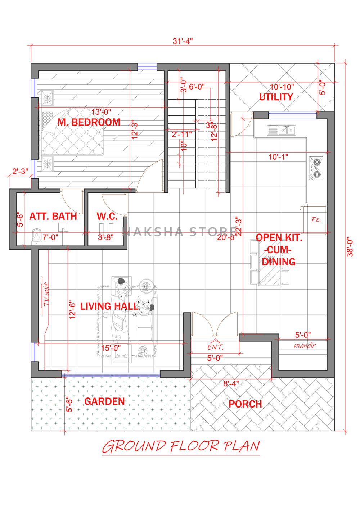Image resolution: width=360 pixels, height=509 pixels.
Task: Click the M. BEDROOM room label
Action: tap(89, 122)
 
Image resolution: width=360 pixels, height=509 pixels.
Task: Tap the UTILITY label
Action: tap(276, 97)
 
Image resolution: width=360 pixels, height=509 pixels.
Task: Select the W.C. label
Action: tap(107, 216)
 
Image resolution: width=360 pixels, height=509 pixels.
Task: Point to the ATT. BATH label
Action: tap(53, 216)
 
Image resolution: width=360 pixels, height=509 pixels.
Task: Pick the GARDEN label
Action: tap(104, 401)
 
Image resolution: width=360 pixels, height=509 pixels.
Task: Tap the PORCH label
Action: tap(246, 404)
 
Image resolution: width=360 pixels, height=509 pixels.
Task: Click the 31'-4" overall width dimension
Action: tap(183, 41)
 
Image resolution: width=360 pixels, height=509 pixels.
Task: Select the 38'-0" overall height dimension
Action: tap(350, 247)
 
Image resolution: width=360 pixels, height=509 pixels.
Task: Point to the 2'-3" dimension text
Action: tap(20, 171)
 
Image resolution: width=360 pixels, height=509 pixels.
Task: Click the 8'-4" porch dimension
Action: tap(231, 383)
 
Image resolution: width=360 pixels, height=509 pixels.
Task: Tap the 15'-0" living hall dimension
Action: tap(111, 348)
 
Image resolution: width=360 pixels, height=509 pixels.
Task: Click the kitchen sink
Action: tap(281, 130)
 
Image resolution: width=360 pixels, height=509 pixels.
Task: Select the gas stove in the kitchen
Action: tap(316, 168)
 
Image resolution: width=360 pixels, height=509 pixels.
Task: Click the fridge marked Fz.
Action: tap(313, 220)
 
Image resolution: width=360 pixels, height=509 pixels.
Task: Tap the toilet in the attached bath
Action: tap(36, 237)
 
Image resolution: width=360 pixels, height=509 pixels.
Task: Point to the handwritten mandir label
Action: tap(305, 346)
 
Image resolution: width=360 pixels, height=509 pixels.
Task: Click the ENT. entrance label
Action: tap(215, 347)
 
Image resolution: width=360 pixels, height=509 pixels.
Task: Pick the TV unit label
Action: tap(46, 294)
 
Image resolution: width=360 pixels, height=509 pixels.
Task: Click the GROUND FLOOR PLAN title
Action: tap(181, 446)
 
